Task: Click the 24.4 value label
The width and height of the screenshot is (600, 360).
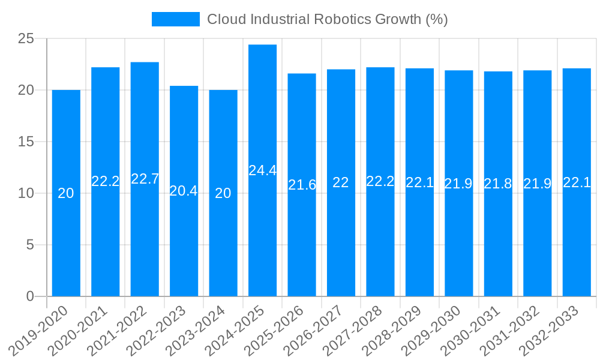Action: click(x=262, y=170)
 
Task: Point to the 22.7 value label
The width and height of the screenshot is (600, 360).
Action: click(x=145, y=179)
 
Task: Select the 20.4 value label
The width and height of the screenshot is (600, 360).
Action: click(x=184, y=191)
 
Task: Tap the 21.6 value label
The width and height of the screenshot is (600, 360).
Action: click(x=302, y=185)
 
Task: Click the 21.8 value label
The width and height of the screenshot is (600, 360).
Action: click(x=498, y=184)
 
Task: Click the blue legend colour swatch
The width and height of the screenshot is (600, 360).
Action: click(x=175, y=19)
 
